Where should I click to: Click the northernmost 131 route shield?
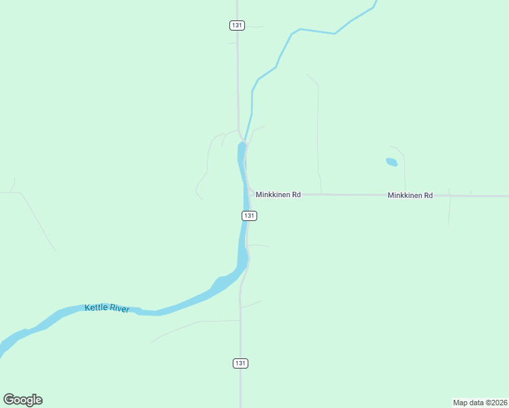[237, 25]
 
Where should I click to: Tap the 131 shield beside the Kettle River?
[249, 216]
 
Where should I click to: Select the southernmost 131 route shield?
[240, 363]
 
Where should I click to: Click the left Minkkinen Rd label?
[278, 194]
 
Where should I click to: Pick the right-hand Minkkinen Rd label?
[410, 195]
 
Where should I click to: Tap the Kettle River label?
[107, 308]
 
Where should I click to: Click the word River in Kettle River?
[119, 309]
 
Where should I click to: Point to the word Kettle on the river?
[96, 307]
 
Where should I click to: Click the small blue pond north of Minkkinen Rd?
[391, 162]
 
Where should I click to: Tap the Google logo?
[22, 400]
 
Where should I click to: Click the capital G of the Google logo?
[9, 399]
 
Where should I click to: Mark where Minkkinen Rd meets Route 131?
[252, 194]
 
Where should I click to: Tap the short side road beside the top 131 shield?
[253, 27]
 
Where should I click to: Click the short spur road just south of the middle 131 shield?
[259, 245]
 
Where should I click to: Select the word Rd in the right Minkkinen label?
[427, 195]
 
